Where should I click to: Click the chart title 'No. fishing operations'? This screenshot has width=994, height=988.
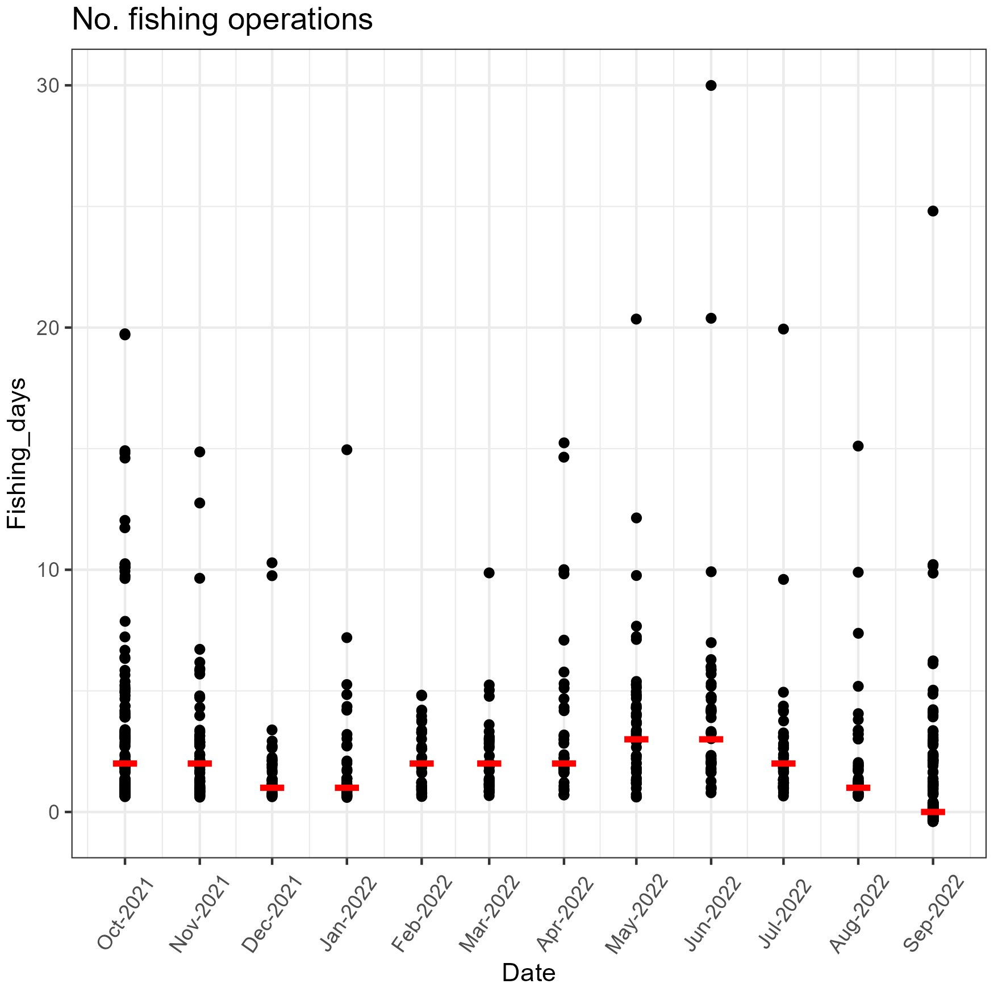[x=222, y=20]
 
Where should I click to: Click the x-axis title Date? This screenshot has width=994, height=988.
[x=528, y=973]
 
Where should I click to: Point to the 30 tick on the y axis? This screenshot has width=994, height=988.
[x=48, y=86]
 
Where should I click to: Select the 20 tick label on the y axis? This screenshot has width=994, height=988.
[x=48, y=328]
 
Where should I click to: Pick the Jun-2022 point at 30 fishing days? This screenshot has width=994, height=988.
[x=711, y=86]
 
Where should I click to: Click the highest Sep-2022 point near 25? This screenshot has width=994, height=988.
[x=933, y=211]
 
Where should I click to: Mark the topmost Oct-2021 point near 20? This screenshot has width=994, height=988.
[x=125, y=334]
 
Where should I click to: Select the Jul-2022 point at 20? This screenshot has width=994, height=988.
[x=783, y=329]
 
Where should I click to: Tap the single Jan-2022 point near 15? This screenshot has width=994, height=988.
[x=347, y=450]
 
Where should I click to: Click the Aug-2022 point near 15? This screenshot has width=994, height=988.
[x=858, y=446]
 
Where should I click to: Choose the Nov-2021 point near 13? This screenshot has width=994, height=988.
[x=200, y=503]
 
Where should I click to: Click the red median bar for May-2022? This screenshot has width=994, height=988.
[x=636, y=739]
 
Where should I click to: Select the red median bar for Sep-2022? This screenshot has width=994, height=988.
[x=933, y=812]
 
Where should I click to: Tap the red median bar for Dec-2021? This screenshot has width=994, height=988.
[x=272, y=788]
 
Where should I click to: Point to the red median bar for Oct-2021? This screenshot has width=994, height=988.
[x=125, y=763]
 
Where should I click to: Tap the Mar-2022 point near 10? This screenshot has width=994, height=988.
[x=489, y=573]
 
